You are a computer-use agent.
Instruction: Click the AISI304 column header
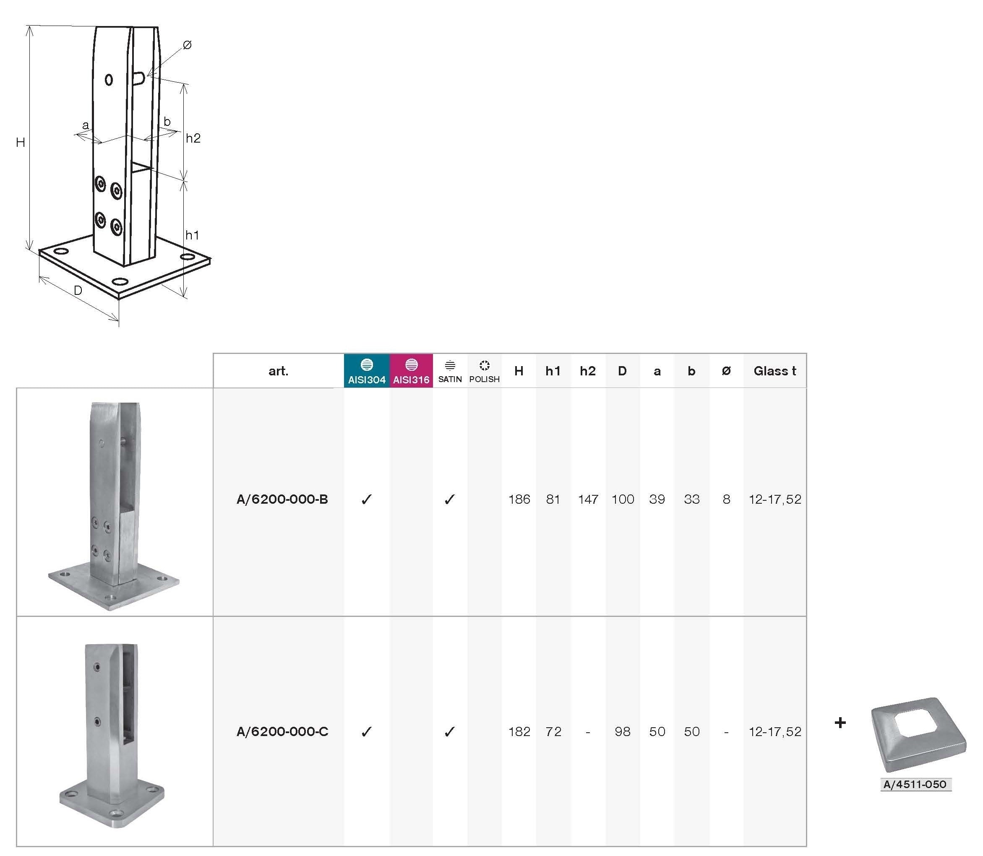pos(367,371)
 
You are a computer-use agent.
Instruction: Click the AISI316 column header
pos(411,371)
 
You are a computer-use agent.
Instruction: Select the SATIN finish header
pos(450,372)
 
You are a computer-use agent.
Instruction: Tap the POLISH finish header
pos(484,372)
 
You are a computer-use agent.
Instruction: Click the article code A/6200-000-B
pos(282,499)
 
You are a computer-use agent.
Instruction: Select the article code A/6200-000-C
pos(282,731)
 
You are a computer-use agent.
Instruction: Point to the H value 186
pos(519,499)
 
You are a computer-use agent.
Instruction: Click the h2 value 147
pos(588,499)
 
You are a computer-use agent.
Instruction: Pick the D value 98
pos(622,731)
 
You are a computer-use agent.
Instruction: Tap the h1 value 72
pos(553,731)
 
